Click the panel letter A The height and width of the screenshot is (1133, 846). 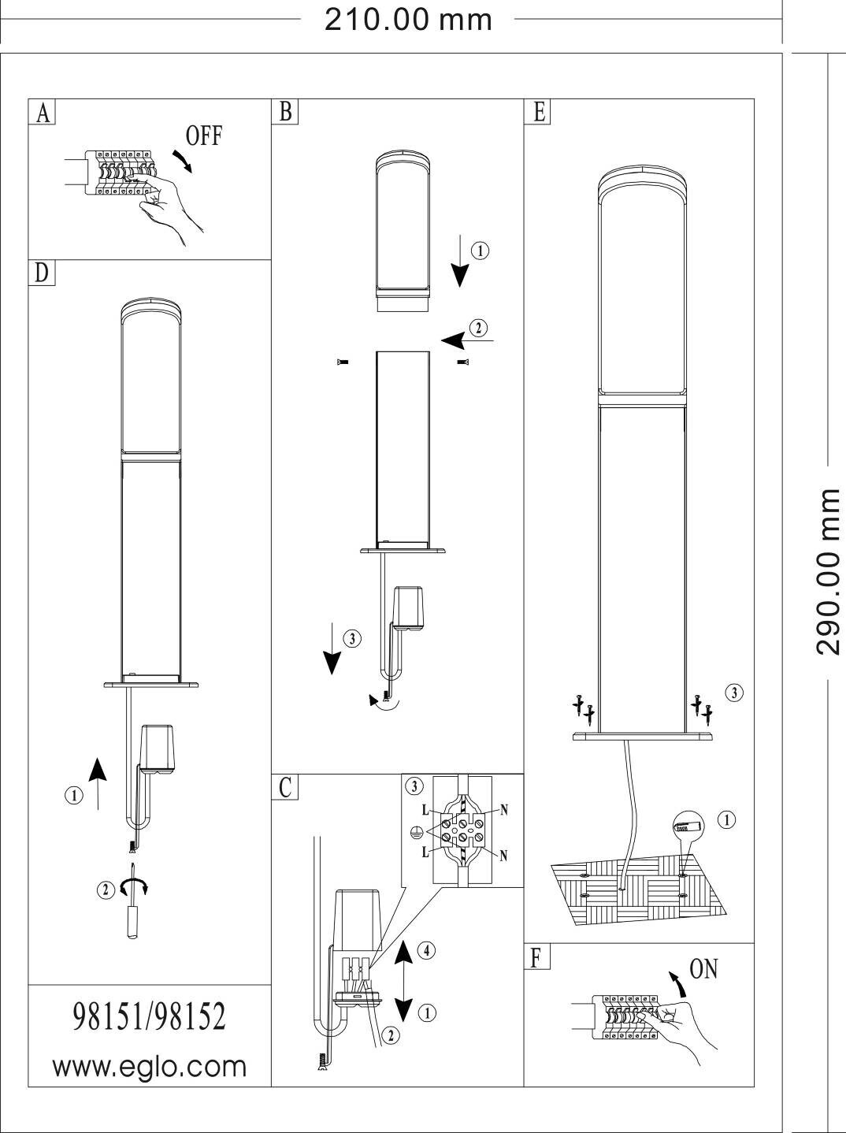(x=44, y=113)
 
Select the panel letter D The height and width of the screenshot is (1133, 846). (x=42, y=273)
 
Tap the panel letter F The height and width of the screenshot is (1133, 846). (x=536, y=958)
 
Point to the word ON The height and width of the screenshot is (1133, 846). (x=703, y=969)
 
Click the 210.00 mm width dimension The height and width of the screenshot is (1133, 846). (x=408, y=20)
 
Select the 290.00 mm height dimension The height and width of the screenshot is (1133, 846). (x=829, y=572)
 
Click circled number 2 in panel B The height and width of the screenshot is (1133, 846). (x=478, y=328)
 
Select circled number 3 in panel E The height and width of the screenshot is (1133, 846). (x=734, y=693)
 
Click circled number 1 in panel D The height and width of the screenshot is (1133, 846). (x=74, y=796)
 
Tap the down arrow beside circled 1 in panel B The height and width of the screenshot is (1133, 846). (x=459, y=261)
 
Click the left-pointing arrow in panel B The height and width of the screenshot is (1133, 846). (x=467, y=340)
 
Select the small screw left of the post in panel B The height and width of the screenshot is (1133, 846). (x=342, y=362)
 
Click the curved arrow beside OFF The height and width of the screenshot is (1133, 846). (x=183, y=161)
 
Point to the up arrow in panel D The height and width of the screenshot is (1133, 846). (x=98, y=783)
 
